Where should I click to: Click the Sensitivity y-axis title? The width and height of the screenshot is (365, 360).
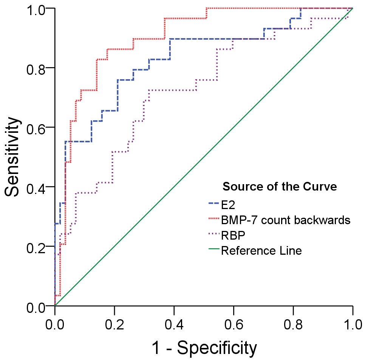(x=12, y=157)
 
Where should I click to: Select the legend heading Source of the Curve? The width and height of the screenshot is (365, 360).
(x=280, y=186)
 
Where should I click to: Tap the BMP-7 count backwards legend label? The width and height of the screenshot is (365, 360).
(x=286, y=219)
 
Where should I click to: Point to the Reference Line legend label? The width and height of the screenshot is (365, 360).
(x=261, y=251)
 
